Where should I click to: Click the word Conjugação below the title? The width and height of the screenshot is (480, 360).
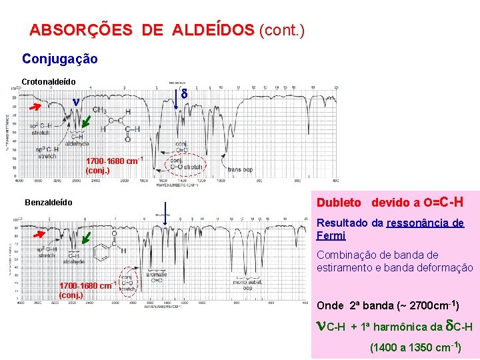tap(60, 59)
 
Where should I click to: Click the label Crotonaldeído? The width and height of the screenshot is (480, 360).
tap(49, 81)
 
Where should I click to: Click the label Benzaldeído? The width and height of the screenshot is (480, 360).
tap(48, 202)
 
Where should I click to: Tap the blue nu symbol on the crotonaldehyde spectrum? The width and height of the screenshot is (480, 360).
tap(76, 103)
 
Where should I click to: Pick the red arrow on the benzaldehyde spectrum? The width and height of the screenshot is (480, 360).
tap(39, 235)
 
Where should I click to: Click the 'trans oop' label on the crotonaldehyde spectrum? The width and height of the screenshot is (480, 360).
tap(241, 169)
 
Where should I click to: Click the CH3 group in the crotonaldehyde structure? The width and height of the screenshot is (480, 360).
tap(100, 110)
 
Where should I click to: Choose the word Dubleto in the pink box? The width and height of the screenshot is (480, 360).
tap(339, 202)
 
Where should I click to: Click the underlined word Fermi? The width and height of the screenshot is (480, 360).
tap(331, 235)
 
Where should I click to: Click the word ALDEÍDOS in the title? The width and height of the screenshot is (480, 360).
tap(213, 30)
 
